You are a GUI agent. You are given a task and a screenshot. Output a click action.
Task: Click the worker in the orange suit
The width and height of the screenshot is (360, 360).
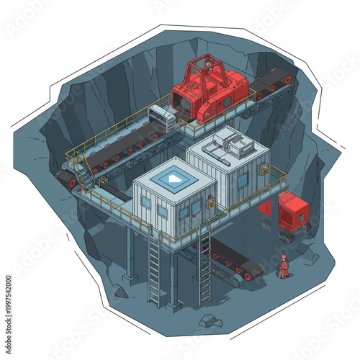point(284,266)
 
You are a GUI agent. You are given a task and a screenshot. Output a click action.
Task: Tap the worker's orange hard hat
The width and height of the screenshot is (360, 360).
point(284,256)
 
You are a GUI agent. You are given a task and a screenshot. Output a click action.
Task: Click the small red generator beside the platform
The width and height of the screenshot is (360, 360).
point(292,212)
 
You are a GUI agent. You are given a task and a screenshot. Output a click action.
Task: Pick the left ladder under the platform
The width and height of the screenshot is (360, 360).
point(154,266)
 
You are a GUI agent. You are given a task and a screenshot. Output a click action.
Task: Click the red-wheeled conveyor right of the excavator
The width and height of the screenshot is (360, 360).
point(272,83)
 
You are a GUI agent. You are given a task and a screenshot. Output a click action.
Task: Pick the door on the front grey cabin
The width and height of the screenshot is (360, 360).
point(196,212)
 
